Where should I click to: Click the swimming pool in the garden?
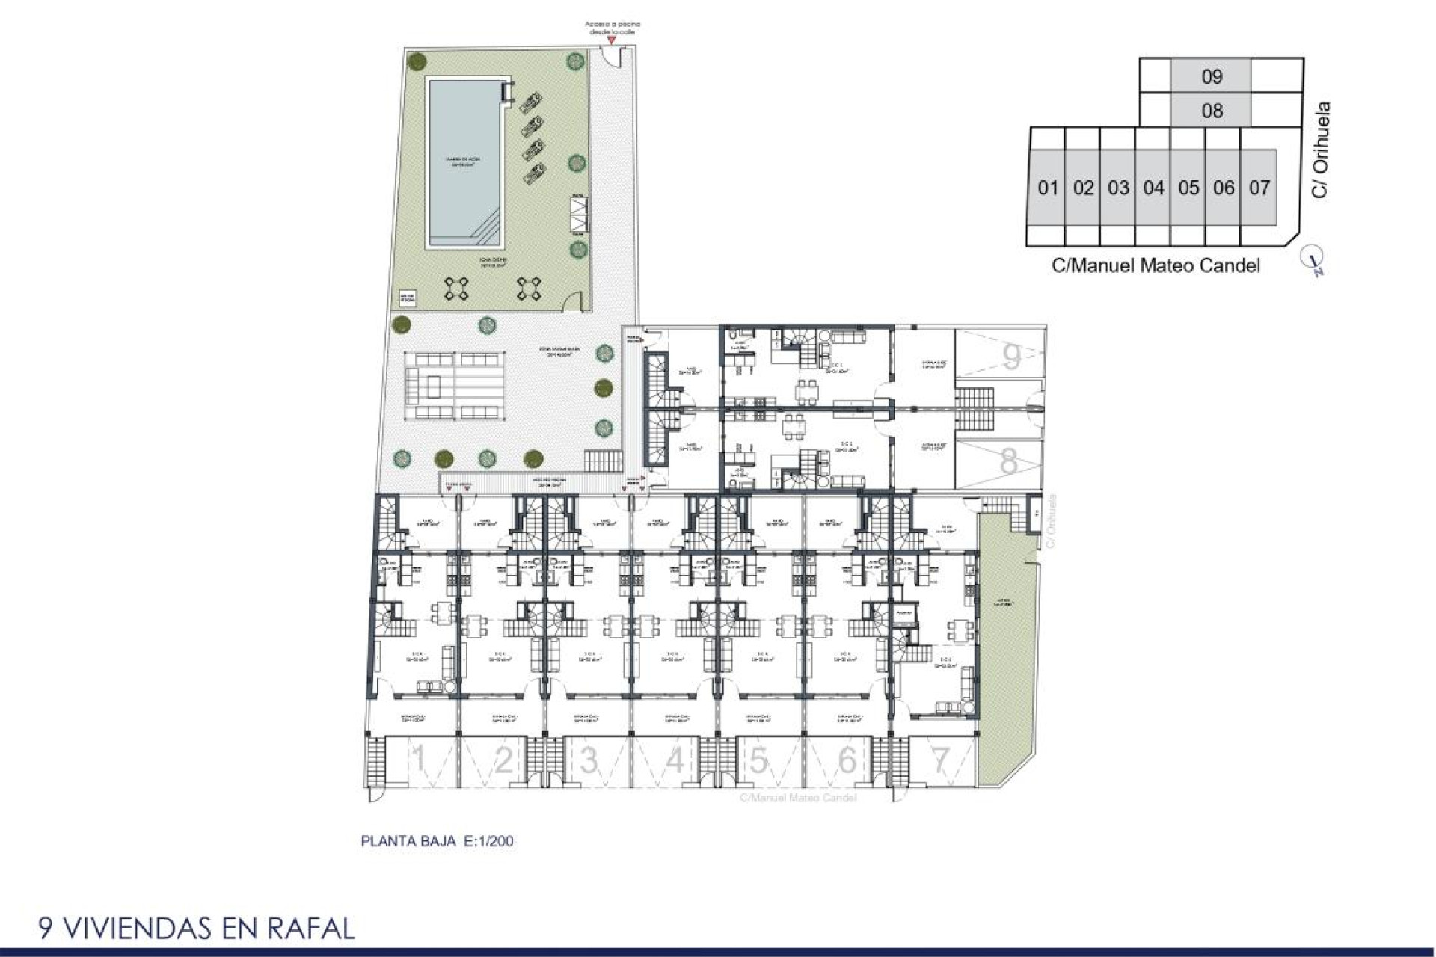[x=464, y=162]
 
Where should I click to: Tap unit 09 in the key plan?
[x=1212, y=76]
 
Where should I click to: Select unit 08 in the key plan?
[x=1212, y=111]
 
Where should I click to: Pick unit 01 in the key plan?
[x=1048, y=188]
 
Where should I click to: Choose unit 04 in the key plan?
[x=1153, y=188]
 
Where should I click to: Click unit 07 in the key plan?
[x=1259, y=188]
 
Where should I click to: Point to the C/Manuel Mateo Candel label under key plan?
[x=1156, y=265]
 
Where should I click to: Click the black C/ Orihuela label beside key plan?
[x=1321, y=150]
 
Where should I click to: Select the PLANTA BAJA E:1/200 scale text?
[x=437, y=841]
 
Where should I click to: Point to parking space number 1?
[x=420, y=761]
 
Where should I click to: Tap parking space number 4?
[x=675, y=761]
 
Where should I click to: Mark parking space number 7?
[x=940, y=761]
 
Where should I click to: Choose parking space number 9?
[x=1011, y=357]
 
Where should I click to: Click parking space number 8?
[x=1009, y=461]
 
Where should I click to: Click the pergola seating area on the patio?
[x=454, y=385]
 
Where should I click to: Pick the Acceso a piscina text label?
[x=612, y=28]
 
